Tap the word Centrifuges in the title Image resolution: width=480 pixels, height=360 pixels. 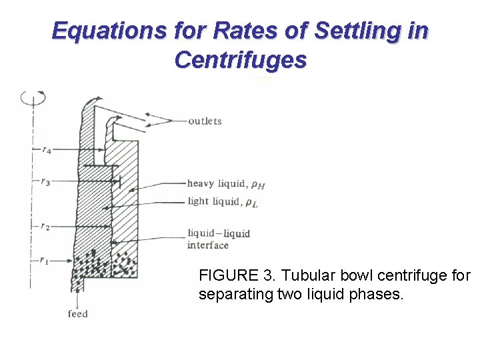240,60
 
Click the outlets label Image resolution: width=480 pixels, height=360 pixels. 205,121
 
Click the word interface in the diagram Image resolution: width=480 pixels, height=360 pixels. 207,245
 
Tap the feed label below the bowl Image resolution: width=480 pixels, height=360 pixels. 78,313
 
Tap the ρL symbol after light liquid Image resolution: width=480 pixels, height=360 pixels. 250,203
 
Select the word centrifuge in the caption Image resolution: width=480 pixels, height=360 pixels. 413,275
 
